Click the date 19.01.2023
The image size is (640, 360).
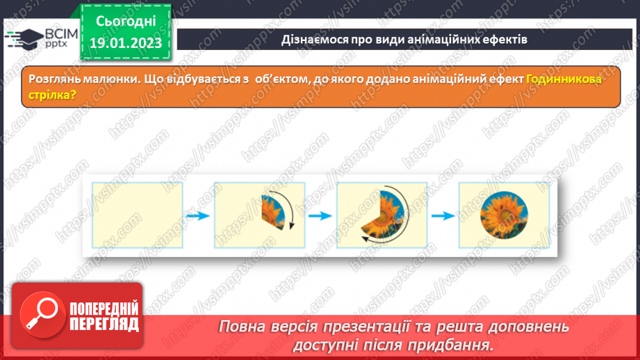click(125, 43)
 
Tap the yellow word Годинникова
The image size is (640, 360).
click(564, 79)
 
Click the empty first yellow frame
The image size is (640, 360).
click(138, 215)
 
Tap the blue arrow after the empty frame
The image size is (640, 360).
click(199, 216)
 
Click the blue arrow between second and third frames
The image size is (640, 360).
click(320, 216)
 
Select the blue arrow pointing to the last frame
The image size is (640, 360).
click(443, 216)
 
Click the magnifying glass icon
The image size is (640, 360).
click(40, 315)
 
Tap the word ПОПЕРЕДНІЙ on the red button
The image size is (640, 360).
click(104, 309)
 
